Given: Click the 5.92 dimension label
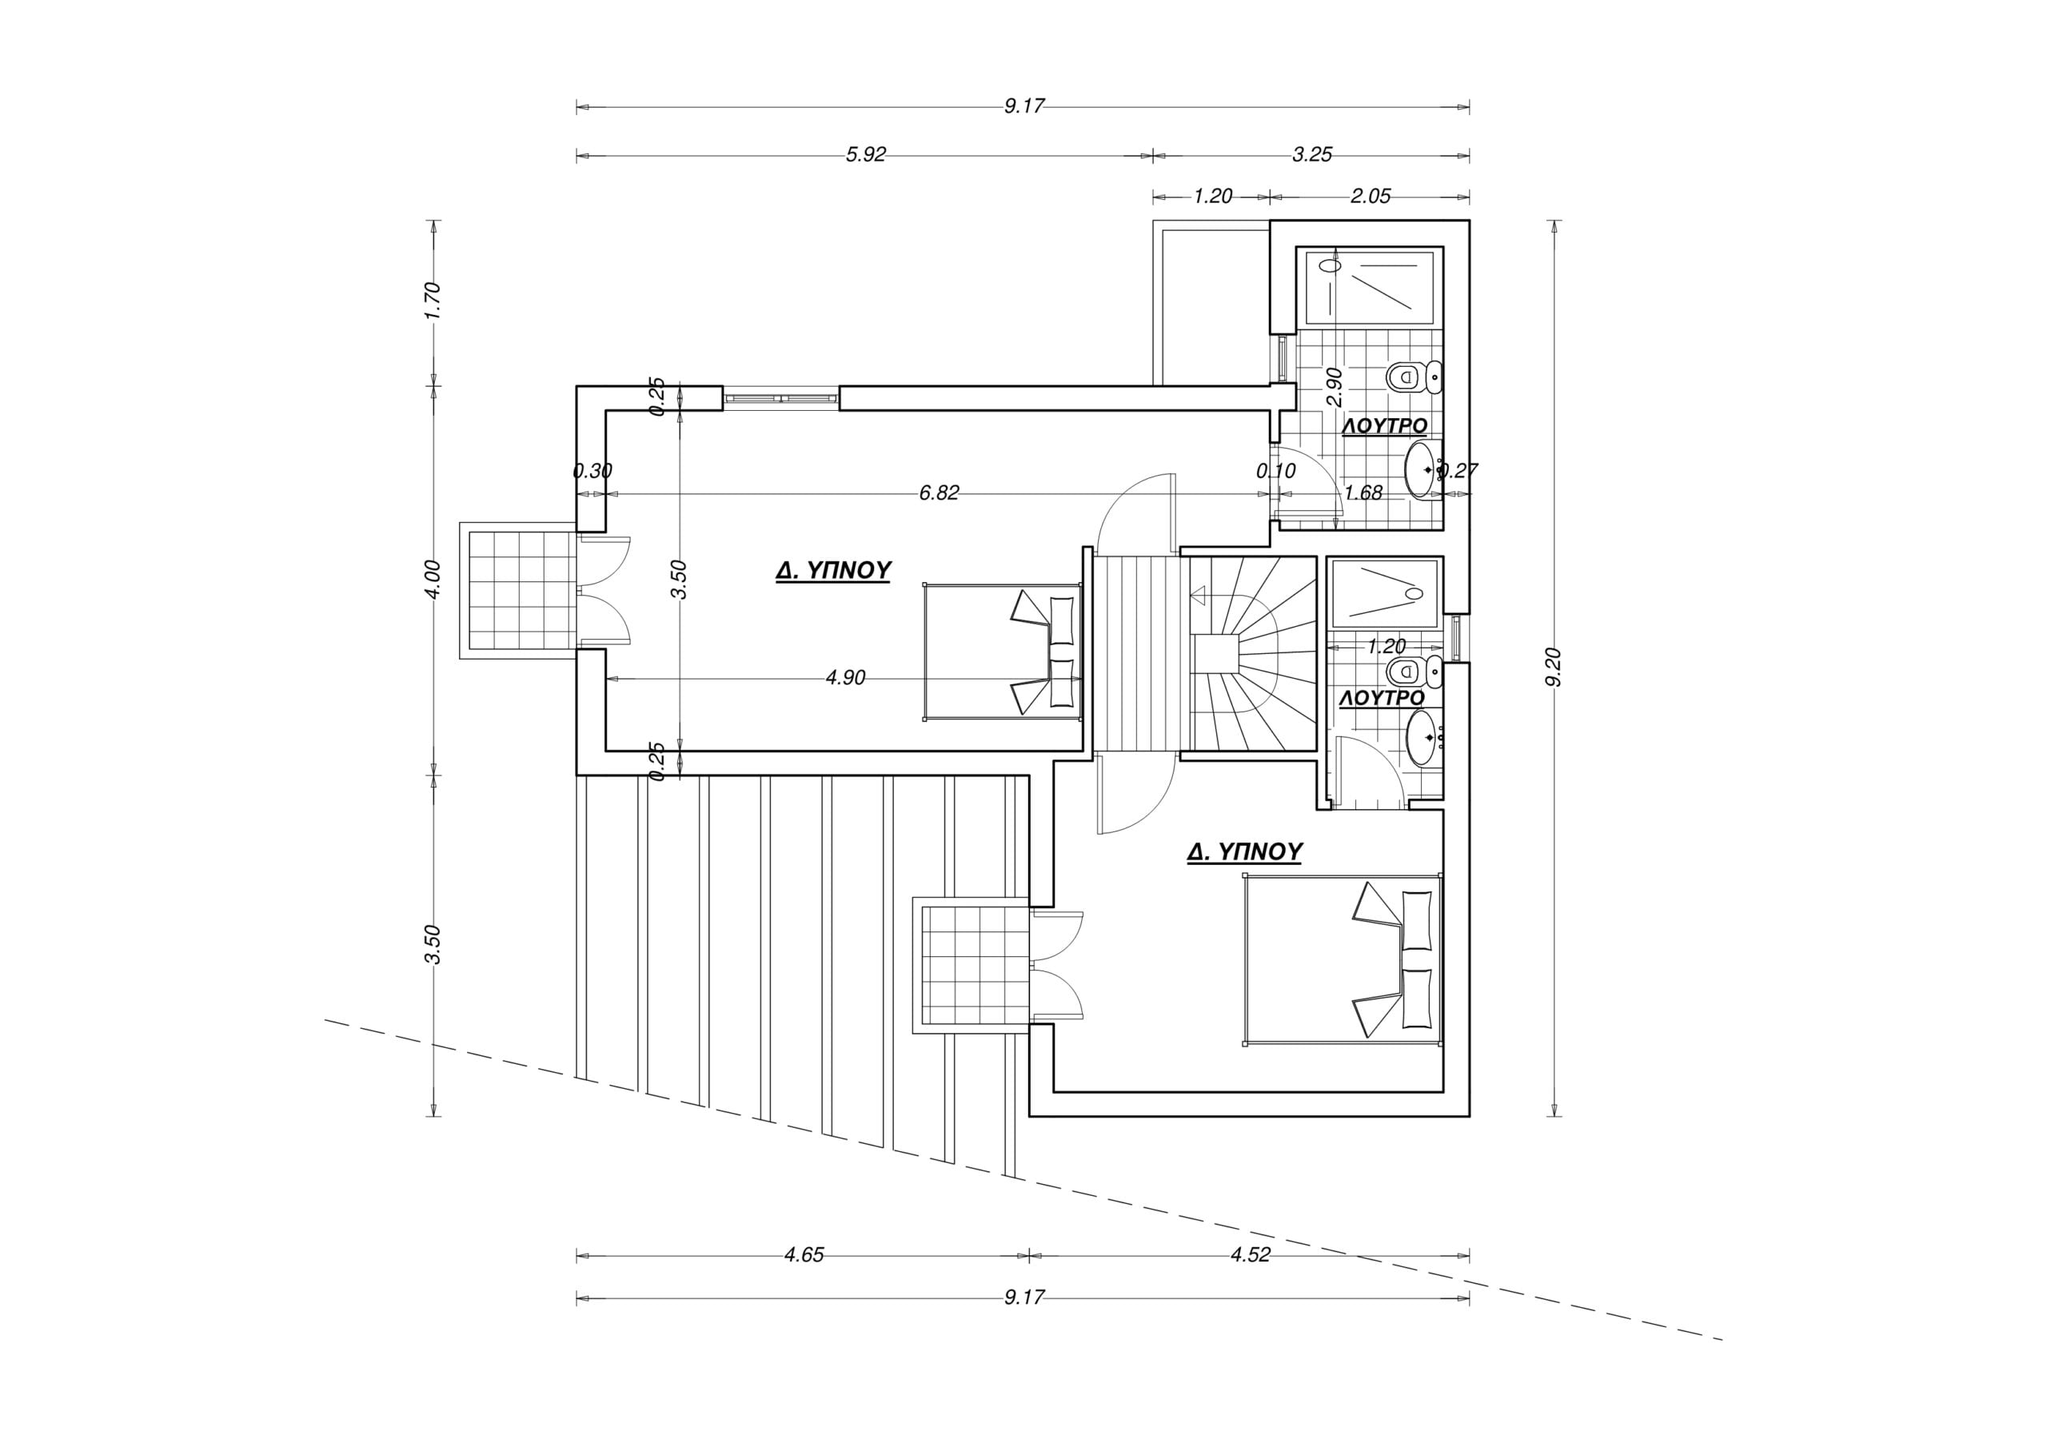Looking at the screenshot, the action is pos(866,155).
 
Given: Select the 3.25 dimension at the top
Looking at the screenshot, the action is pos(1312,155).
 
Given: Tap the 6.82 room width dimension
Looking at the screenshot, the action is pos(939,493).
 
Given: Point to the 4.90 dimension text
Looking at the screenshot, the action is pos(845,679).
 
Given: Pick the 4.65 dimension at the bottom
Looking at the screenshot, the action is pos(804,1255).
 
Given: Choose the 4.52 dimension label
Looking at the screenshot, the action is pos(1250,1255).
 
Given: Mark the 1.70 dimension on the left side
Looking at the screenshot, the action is pos(433,301).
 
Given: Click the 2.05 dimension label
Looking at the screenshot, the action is pos(1371,196).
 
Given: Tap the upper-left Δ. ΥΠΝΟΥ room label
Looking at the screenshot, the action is pos(834,571).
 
